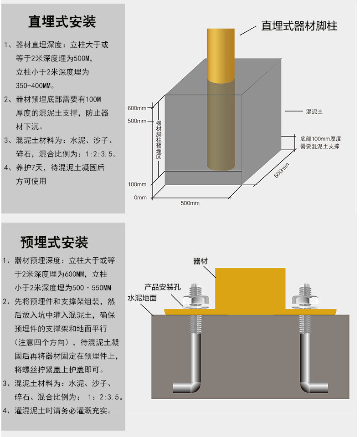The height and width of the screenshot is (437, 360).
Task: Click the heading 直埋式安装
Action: click(62, 22)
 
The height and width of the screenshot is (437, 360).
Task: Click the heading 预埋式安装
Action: click(54, 242)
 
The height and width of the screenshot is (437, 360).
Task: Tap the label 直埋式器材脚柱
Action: click(299, 25)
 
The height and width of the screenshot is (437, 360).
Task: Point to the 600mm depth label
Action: click(137, 108)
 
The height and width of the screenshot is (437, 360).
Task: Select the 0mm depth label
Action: click(140, 198)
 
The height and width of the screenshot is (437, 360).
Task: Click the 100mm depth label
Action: click(137, 184)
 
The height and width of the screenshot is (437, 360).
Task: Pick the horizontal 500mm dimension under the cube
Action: click(190, 203)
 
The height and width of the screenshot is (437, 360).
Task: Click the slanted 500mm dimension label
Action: click(281, 171)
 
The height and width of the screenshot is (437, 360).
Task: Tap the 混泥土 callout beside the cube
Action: click(314, 112)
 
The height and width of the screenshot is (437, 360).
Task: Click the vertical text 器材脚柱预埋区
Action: click(159, 139)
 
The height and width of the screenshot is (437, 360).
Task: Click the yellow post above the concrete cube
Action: click(222, 55)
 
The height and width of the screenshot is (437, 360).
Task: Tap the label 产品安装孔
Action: click(163, 287)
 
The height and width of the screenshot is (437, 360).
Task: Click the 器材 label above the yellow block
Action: click(201, 261)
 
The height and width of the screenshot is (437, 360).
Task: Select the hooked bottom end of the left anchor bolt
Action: click(187, 387)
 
